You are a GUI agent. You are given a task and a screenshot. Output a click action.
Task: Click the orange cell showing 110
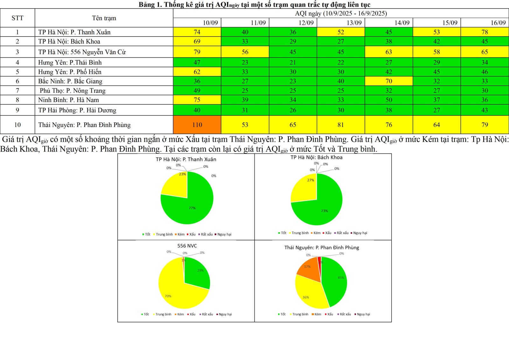pyautogui.click(x=197, y=125)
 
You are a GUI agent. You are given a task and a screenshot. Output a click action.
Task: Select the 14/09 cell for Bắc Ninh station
pyautogui.click(x=388, y=81)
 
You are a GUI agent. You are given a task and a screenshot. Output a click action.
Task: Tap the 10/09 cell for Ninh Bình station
pyautogui.click(x=197, y=100)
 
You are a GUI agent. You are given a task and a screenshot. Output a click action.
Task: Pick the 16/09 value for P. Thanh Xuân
pyautogui.click(x=485, y=32)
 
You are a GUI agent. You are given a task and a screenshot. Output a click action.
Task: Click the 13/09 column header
pyautogui.click(x=341, y=23)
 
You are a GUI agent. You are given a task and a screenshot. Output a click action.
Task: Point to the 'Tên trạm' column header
pyautogui.click(x=104, y=18)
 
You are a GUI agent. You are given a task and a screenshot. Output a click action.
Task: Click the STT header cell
pyautogui.click(x=17, y=18)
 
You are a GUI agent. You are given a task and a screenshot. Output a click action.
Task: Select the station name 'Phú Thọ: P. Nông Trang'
pyautogui.click(x=73, y=91)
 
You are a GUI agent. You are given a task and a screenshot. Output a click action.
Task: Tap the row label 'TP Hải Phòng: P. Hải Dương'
pyautogui.click(x=77, y=110)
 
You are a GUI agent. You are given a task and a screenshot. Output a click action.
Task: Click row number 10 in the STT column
pyautogui.click(x=17, y=125)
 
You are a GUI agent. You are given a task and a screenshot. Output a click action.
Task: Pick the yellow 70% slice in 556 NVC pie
pyautogui.click(x=175, y=289)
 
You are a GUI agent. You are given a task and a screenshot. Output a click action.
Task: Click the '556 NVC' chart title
pyautogui.click(x=187, y=246)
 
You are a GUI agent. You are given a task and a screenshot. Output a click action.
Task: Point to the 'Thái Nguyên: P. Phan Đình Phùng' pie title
pyautogui.click(x=322, y=247)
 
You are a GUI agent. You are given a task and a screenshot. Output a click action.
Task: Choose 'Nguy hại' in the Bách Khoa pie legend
pyautogui.click(x=360, y=233)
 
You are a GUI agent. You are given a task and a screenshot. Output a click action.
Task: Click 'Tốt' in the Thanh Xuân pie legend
pyautogui.click(x=147, y=234)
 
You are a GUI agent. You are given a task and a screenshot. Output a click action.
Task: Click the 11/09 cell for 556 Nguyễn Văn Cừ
pyautogui.click(x=245, y=52)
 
